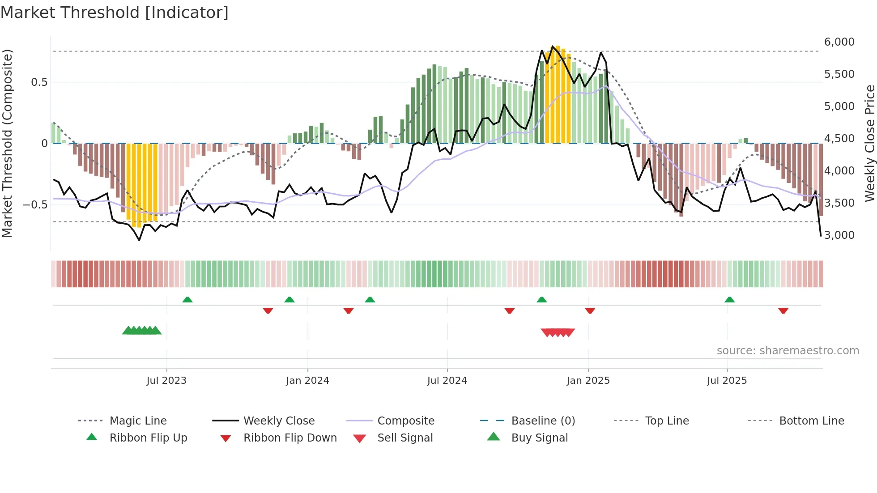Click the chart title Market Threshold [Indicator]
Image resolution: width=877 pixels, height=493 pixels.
click(115, 13)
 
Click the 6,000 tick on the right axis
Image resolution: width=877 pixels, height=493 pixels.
click(839, 42)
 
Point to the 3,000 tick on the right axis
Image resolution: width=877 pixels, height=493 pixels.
click(839, 235)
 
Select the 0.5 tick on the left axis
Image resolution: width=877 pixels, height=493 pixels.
click(39, 82)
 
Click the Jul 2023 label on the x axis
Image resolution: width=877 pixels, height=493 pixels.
click(166, 381)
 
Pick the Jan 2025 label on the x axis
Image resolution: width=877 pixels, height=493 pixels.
click(588, 381)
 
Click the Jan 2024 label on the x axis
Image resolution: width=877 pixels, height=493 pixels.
click(307, 381)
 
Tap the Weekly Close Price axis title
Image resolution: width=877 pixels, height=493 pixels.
click(869, 143)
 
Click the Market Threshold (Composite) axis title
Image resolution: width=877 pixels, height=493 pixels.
click(7, 143)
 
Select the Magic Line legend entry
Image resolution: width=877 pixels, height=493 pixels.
click(138, 421)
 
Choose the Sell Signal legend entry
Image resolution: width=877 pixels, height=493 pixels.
click(405, 438)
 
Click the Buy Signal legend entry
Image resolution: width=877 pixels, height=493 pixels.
click(539, 438)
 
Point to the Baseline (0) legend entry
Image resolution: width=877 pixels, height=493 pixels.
click(543, 421)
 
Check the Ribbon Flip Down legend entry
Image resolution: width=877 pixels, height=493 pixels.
click(290, 438)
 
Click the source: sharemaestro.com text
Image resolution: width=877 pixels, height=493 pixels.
click(788, 351)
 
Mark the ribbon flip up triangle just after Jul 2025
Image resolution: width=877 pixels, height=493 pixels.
click(729, 300)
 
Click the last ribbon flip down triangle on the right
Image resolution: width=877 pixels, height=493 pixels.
click(783, 310)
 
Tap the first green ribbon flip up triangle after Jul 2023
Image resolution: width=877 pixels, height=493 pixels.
click(187, 300)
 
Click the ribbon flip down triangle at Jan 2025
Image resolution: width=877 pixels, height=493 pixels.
click(590, 310)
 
